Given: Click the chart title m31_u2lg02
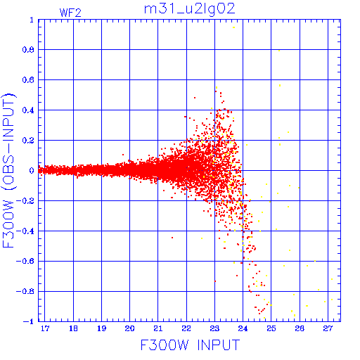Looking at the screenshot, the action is click(189, 9).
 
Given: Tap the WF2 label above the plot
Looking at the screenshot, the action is click(70, 13).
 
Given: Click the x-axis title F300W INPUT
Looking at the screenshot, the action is click(190, 345).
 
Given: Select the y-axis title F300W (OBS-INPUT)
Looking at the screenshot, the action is click(8, 171).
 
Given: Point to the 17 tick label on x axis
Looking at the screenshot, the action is click(45, 328).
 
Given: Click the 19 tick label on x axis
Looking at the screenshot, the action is click(101, 328).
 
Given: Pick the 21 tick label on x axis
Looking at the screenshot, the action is click(158, 328).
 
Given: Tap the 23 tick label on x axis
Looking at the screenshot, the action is click(214, 328).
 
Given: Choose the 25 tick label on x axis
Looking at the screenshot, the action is click(271, 328).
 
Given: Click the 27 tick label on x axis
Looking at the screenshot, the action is click(328, 328).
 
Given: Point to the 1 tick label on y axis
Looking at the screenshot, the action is click(32, 20).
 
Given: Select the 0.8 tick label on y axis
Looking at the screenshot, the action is click(28, 50).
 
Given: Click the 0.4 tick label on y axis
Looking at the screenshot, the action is click(28, 110).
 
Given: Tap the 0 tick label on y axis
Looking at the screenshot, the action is click(32, 170).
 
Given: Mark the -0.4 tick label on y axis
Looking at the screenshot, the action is click(25, 231).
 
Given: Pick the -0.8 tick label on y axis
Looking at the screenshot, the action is click(25, 291).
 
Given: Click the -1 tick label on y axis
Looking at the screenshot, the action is click(29, 321).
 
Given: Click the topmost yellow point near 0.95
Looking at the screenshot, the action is click(233, 27).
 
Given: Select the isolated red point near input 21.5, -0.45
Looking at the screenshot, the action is click(172, 238).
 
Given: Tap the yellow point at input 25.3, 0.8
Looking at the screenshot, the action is click(279, 51).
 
